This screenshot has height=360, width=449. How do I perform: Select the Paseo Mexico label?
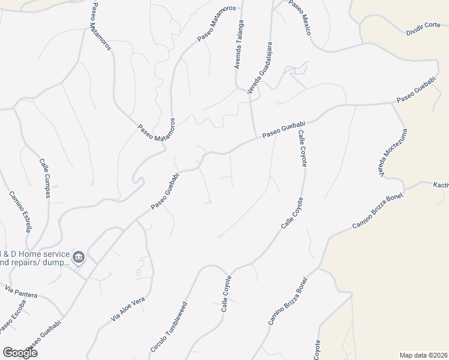tap(300, 17)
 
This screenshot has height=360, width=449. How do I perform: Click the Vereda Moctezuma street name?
tap(393, 153)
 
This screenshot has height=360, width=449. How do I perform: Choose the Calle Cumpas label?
tap(44, 178)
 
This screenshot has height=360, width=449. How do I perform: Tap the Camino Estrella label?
tap(20, 211)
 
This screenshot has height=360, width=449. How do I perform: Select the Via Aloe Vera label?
tap(128, 310)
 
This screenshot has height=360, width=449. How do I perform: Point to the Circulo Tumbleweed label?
tap(169, 335)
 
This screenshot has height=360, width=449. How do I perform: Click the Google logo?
tap(20, 353)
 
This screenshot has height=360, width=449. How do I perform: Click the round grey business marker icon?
tap(79, 257)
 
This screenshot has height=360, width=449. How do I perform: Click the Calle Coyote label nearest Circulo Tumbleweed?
tap(226, 294)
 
